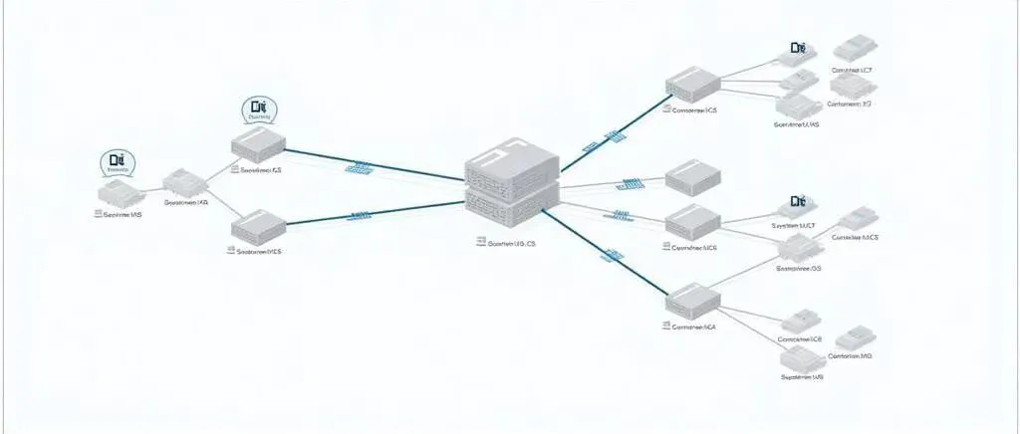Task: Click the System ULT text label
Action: (793, 227)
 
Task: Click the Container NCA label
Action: (694, 326)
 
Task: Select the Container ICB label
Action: (802, 339)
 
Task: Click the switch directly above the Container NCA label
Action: (691, 298)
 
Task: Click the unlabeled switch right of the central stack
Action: (691, 179)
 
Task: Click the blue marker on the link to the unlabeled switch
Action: (631, 184)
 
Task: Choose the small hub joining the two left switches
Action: (184, 182)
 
